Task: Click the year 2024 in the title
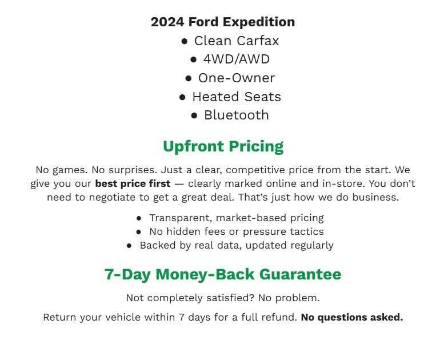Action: pos(166,22)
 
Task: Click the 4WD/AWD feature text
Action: pos(237,59)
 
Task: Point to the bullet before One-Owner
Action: pos(189,78)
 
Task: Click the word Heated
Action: pos(214,97)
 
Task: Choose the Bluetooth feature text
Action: pos(237,115)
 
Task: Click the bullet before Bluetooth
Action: pos(194,115)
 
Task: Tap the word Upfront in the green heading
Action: pos(193,146)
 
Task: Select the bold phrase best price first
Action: pos(133,184)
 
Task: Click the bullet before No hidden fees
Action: pos(139,232)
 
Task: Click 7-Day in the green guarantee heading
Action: pos(127,274)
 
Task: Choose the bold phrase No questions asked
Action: pos(352,317)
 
